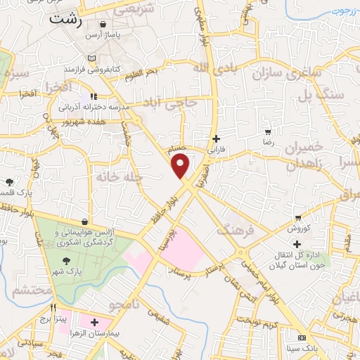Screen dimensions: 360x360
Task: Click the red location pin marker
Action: [181, 166]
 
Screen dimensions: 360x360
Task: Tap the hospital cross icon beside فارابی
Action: [216, 139]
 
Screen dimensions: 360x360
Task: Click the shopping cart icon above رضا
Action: [268, 131]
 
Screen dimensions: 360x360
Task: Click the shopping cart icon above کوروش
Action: [298, 217]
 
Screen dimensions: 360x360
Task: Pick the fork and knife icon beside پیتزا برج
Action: [53, 308]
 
